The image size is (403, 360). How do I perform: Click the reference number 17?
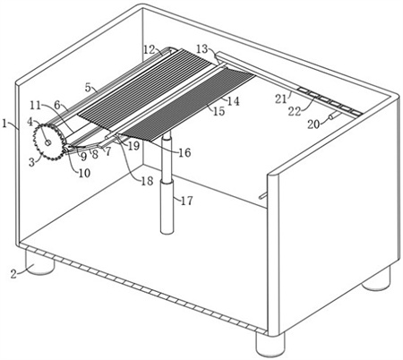click(187, 201)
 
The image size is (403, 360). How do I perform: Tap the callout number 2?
click(13, 274)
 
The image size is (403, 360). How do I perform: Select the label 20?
click(313, 124)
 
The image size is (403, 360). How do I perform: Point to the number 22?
click(295, 111)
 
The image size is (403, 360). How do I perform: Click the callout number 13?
click(202, 48)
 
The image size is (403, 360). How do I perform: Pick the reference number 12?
click(149, 49)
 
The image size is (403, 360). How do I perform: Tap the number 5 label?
click(88, 88)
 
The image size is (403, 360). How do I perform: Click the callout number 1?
click(4, 124)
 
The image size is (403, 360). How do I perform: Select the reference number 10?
click(84, 173)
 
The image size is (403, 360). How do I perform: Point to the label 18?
click(147, 181)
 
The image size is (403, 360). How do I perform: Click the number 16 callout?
click(184, 153)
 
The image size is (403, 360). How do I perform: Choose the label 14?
click(234, 101)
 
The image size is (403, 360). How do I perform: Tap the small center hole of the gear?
click(47, 143)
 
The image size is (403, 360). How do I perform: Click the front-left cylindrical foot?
click(39, 261)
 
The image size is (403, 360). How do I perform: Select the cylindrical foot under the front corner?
click(270, 343)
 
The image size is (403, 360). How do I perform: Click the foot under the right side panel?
click(376, 279)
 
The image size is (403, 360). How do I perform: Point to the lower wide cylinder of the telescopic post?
click(167, 206)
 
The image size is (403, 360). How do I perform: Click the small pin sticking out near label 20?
click(331, 116)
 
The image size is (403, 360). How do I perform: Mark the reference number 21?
click(280, 99)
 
